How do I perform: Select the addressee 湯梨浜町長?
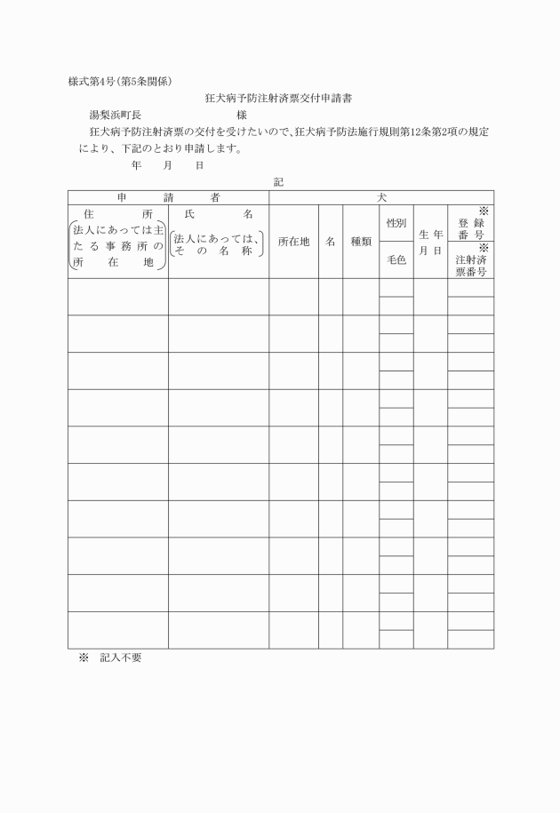115,115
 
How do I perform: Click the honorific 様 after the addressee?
242,115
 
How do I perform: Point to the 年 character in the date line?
135,165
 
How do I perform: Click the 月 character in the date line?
167,165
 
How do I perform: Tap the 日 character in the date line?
199,165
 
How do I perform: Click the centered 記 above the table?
279,181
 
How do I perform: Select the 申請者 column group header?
168,197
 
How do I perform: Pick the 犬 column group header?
381,197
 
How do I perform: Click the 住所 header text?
117,215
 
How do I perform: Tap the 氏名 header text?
218,215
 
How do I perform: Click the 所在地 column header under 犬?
293,242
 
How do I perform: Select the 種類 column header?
361,242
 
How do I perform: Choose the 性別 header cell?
396,223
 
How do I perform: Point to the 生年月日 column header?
431,242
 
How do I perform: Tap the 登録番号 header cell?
470,228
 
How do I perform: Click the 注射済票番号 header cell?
470,265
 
